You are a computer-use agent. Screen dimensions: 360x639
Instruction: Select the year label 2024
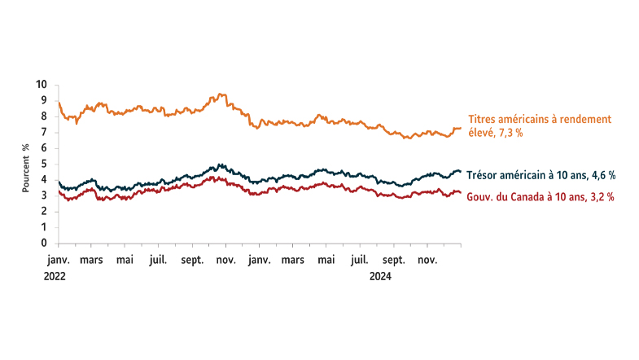coord(381,276)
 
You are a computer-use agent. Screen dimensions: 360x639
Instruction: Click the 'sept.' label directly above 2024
coord(394,261)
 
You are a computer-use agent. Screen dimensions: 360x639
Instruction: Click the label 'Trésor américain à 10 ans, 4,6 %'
coord(541,174)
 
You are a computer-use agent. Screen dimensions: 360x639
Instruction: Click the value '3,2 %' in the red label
coord(599,196)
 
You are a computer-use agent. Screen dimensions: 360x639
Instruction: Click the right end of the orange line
coord(461,128)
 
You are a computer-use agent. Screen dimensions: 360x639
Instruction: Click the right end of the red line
coord(461,192)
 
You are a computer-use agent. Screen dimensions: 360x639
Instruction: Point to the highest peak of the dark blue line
coord(217,165)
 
